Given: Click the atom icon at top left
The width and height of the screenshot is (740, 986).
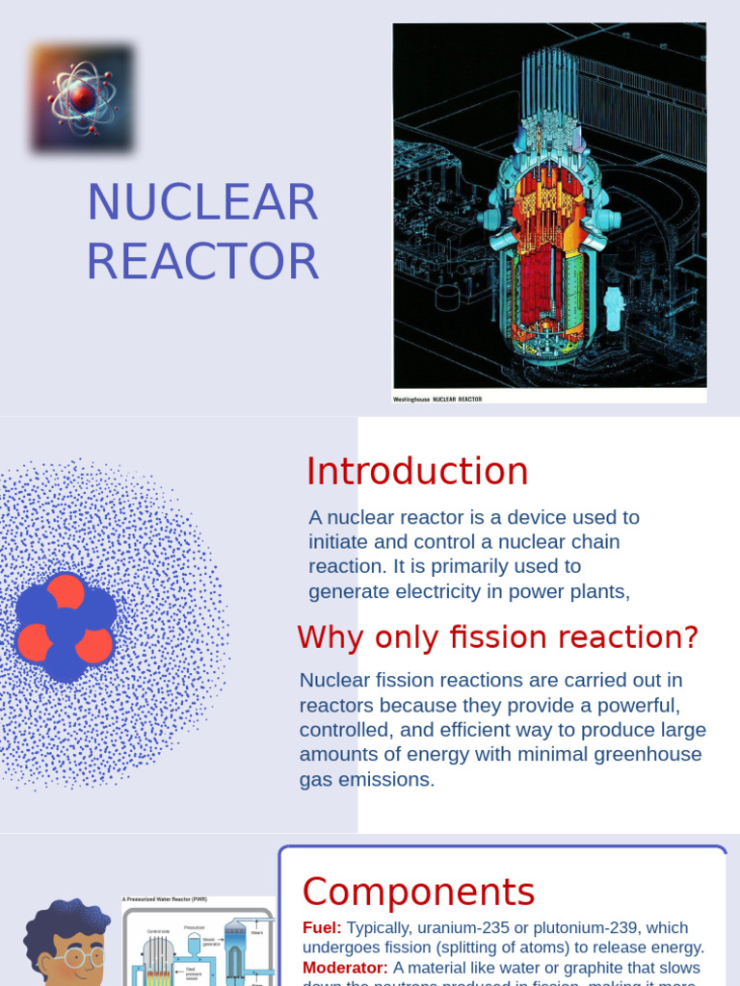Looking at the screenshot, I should click(82, 97).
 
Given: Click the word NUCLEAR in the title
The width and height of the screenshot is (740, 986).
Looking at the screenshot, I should click(202, 202).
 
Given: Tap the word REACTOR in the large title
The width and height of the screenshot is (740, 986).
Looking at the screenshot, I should click(202, 261).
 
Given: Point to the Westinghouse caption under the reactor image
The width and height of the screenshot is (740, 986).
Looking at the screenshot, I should click(437, 399).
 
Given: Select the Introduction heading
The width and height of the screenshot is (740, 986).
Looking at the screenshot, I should click(417, 472).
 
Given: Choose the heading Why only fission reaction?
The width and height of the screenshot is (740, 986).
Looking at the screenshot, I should click(497, 636).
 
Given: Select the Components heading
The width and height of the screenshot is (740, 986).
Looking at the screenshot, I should click(418, 892).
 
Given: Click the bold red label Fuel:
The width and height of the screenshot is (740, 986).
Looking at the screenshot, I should click(322, 927).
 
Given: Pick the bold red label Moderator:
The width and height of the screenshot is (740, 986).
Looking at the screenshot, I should click(345, 967).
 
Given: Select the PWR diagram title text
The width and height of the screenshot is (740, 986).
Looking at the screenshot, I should click(164, 899).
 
